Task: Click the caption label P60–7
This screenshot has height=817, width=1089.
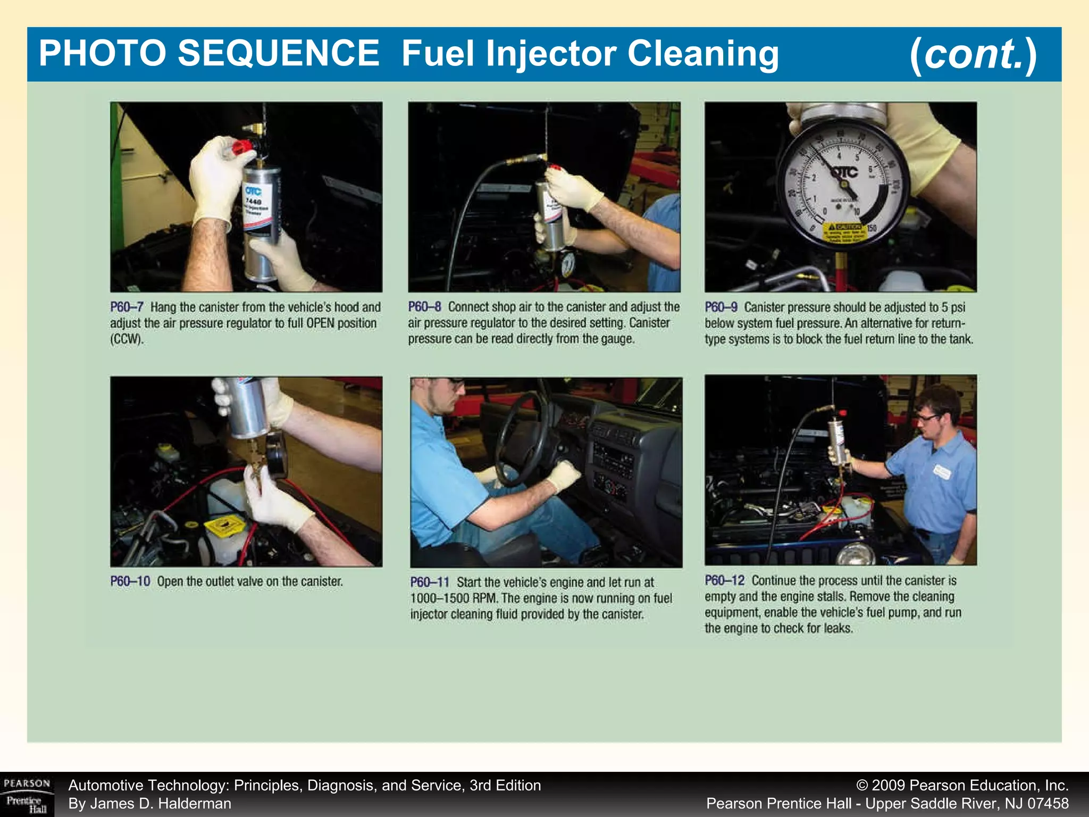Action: point(127,307)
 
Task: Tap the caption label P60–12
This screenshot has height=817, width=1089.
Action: point(724,580)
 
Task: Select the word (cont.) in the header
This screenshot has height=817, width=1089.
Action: point(973,54)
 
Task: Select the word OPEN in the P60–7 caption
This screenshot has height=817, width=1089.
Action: point(320,323)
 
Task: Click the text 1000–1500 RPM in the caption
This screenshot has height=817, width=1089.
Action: point(454,598)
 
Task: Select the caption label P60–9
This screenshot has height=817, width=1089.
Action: point(721,307)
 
